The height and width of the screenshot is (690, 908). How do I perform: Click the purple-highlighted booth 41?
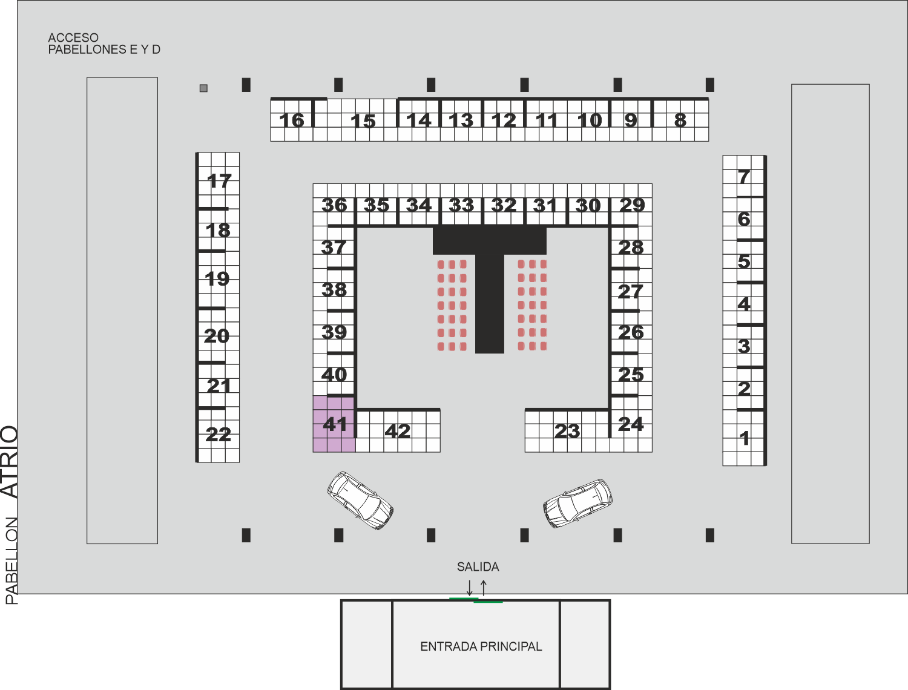click(334, 424)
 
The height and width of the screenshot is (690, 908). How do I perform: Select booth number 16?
click(292, 120)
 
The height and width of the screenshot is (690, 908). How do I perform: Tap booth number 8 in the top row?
click(680, 120)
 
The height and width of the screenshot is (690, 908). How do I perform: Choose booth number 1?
click(744, 438)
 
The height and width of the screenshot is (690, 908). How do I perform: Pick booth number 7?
click(744, 176)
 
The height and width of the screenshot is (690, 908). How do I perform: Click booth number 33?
click(461, 205)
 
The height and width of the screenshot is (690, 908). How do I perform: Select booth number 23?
click(567, 431)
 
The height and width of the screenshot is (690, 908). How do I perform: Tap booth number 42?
click(398, 431)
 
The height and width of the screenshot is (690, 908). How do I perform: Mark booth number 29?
click(631, 205)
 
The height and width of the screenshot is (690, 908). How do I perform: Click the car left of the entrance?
click(360, 501)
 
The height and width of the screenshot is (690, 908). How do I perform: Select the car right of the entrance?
click(577, 504)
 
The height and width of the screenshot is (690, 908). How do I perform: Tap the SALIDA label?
click(478, 567)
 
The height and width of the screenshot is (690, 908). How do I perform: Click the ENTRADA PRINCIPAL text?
click(481, 646)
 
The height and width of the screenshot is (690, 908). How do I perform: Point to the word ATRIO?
click(10, 462)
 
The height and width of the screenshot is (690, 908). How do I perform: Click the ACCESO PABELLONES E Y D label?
click(104, 44)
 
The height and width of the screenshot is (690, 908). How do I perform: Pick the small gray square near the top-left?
click(203, 88)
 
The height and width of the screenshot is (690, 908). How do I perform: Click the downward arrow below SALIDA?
click(470, 588)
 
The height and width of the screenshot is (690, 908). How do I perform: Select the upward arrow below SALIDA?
click(484, 588)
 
